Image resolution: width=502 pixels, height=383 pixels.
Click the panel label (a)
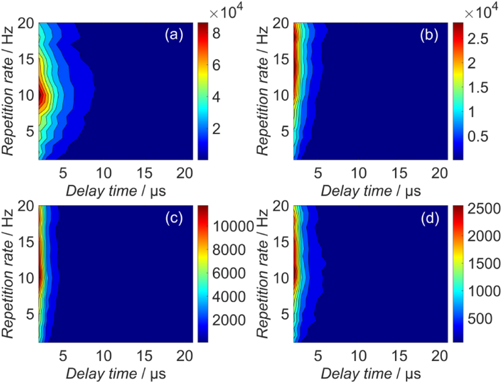pyautogui.click(x=174, y=35)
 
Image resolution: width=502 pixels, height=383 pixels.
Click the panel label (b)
pyautogui.click(x=429, y=35)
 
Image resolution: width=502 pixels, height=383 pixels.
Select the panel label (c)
pyautogui.click(x=174, y=218)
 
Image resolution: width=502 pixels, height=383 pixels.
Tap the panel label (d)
pyautogui.click(x=430, y=218)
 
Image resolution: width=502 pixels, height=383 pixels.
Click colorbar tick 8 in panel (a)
pyautogui.click(x=216, y=33)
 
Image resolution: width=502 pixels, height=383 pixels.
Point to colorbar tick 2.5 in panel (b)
pyautogui.click(x=478, y=39)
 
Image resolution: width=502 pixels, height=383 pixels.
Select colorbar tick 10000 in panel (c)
pyautogui.click(x=233, y=226)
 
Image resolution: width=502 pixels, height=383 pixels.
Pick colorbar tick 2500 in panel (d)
pyautogui.click(x=484, y=209)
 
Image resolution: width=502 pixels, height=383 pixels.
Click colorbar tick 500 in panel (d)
pyautogui.click(x=480, y=318)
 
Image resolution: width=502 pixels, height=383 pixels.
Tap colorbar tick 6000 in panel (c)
pyautogui.click(x=229, y=273)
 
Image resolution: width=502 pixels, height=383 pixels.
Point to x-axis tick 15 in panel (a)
pyautogui.click(x=144, y=173)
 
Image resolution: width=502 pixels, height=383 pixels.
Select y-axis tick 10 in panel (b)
pyautogui.click(x=281, y=95)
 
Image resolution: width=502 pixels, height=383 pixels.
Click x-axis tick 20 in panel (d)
pyautogui.click(x=439, y=356)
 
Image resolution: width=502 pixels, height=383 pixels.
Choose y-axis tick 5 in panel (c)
pyautogui.click(x=30, y=314)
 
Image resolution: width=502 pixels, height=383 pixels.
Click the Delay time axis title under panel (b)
pyautogui.click(x=370, y=191)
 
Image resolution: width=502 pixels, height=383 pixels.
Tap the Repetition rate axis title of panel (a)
pyautogui.click(x=8, y=90)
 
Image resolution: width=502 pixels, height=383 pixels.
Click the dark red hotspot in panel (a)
pyautogui.click(x=41, y=95)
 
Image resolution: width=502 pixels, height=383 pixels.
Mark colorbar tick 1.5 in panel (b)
pyautogui.click(x=478, y=87)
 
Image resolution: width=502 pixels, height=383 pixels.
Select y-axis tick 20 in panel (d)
pyautogui.click(x=281, y=206)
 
